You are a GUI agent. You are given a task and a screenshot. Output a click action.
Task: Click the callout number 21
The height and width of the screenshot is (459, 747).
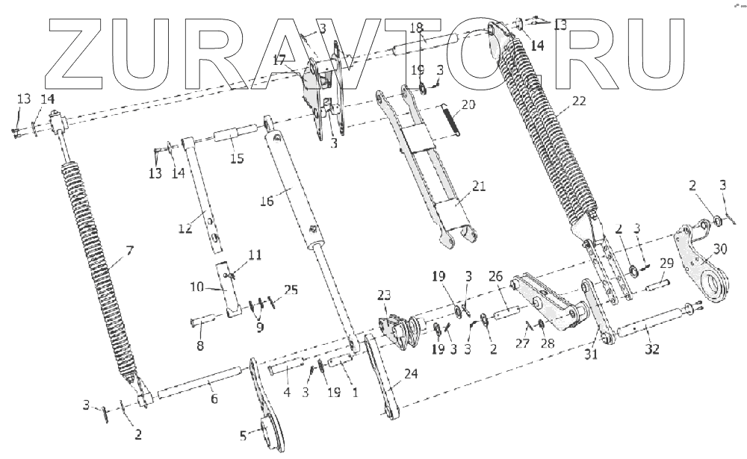pos(478,187)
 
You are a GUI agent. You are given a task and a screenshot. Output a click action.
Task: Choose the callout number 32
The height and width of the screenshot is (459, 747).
pos(652,350)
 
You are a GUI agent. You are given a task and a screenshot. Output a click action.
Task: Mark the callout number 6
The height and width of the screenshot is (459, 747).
pos(214,400)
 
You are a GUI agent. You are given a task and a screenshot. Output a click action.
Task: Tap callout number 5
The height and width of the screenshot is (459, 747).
pos(242,437)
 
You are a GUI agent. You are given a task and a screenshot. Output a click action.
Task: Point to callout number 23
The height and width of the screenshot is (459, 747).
pos(383,294)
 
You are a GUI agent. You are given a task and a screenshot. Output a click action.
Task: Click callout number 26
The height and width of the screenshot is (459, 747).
pos(495,277)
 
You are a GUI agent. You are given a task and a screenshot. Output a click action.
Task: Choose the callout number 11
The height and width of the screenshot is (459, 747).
pos(255,255)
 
